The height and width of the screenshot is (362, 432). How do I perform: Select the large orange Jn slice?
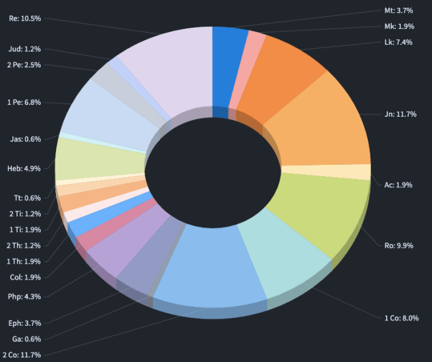pos(323,125)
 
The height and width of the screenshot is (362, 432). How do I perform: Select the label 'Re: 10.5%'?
pos(24,18)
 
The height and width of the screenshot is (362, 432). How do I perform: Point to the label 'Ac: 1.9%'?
pos(398,185)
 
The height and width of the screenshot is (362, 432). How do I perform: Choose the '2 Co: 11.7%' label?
pos(21,355)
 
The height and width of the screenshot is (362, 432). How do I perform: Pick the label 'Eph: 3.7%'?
pos(25,323)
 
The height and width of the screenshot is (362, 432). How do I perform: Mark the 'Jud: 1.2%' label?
pos(25,49)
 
